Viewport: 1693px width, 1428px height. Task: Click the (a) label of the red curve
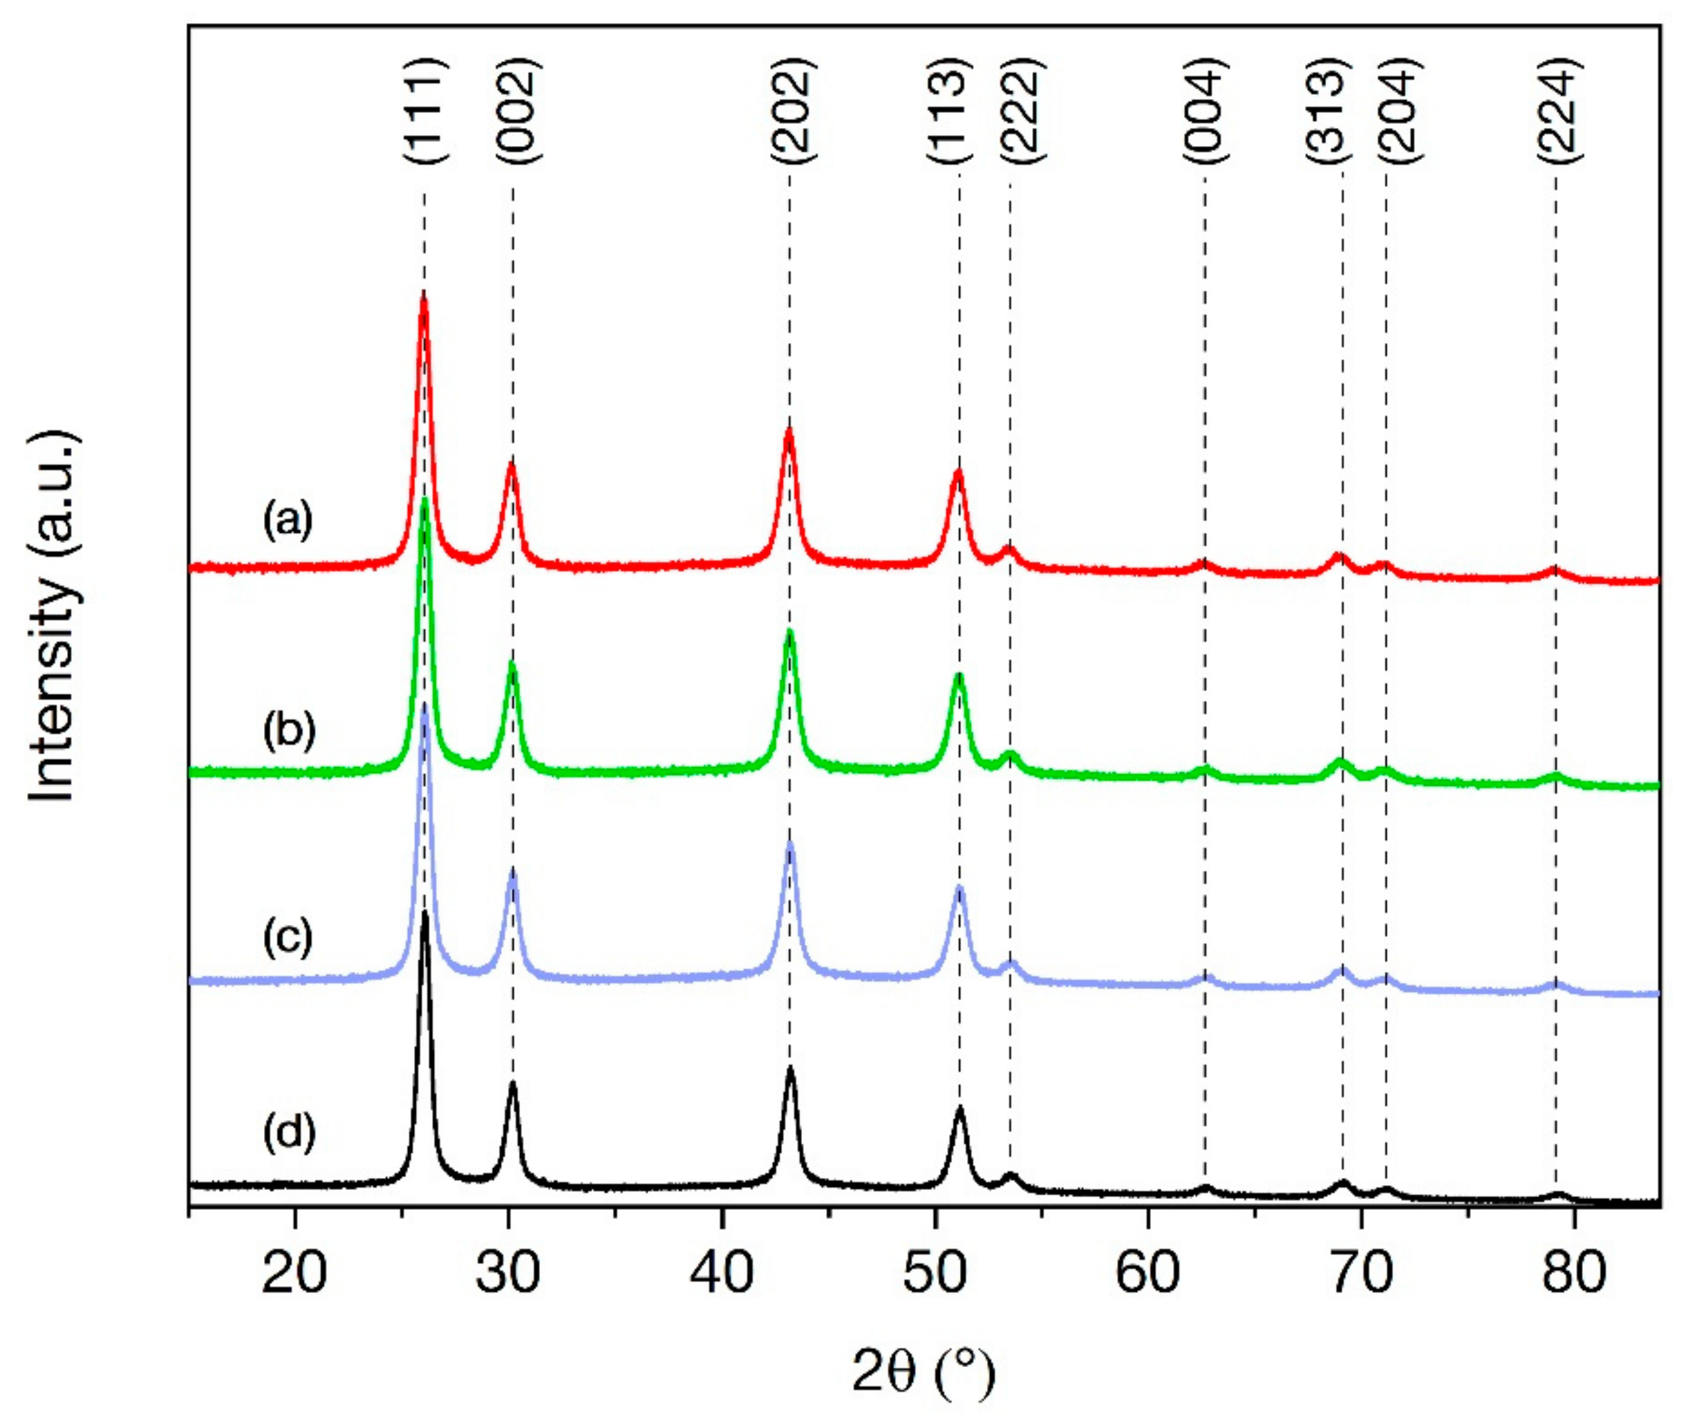pyautogui.click(x=287, y=520)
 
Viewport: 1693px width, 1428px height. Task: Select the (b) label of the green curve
pyautogui.click(x=287, y=729)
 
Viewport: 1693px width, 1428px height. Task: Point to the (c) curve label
pyautogui.click(x=287, y=938)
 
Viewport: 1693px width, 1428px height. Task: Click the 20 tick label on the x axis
pyautogui.click(x=295, y=1273)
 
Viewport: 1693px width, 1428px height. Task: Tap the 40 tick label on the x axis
pyautogui.click(x=721, y=1273)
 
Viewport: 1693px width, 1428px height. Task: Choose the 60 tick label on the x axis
pyautogui.click(x=1148, y=1273)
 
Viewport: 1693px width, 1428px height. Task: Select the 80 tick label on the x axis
pyautogui.click(x=1573, y=1273)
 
